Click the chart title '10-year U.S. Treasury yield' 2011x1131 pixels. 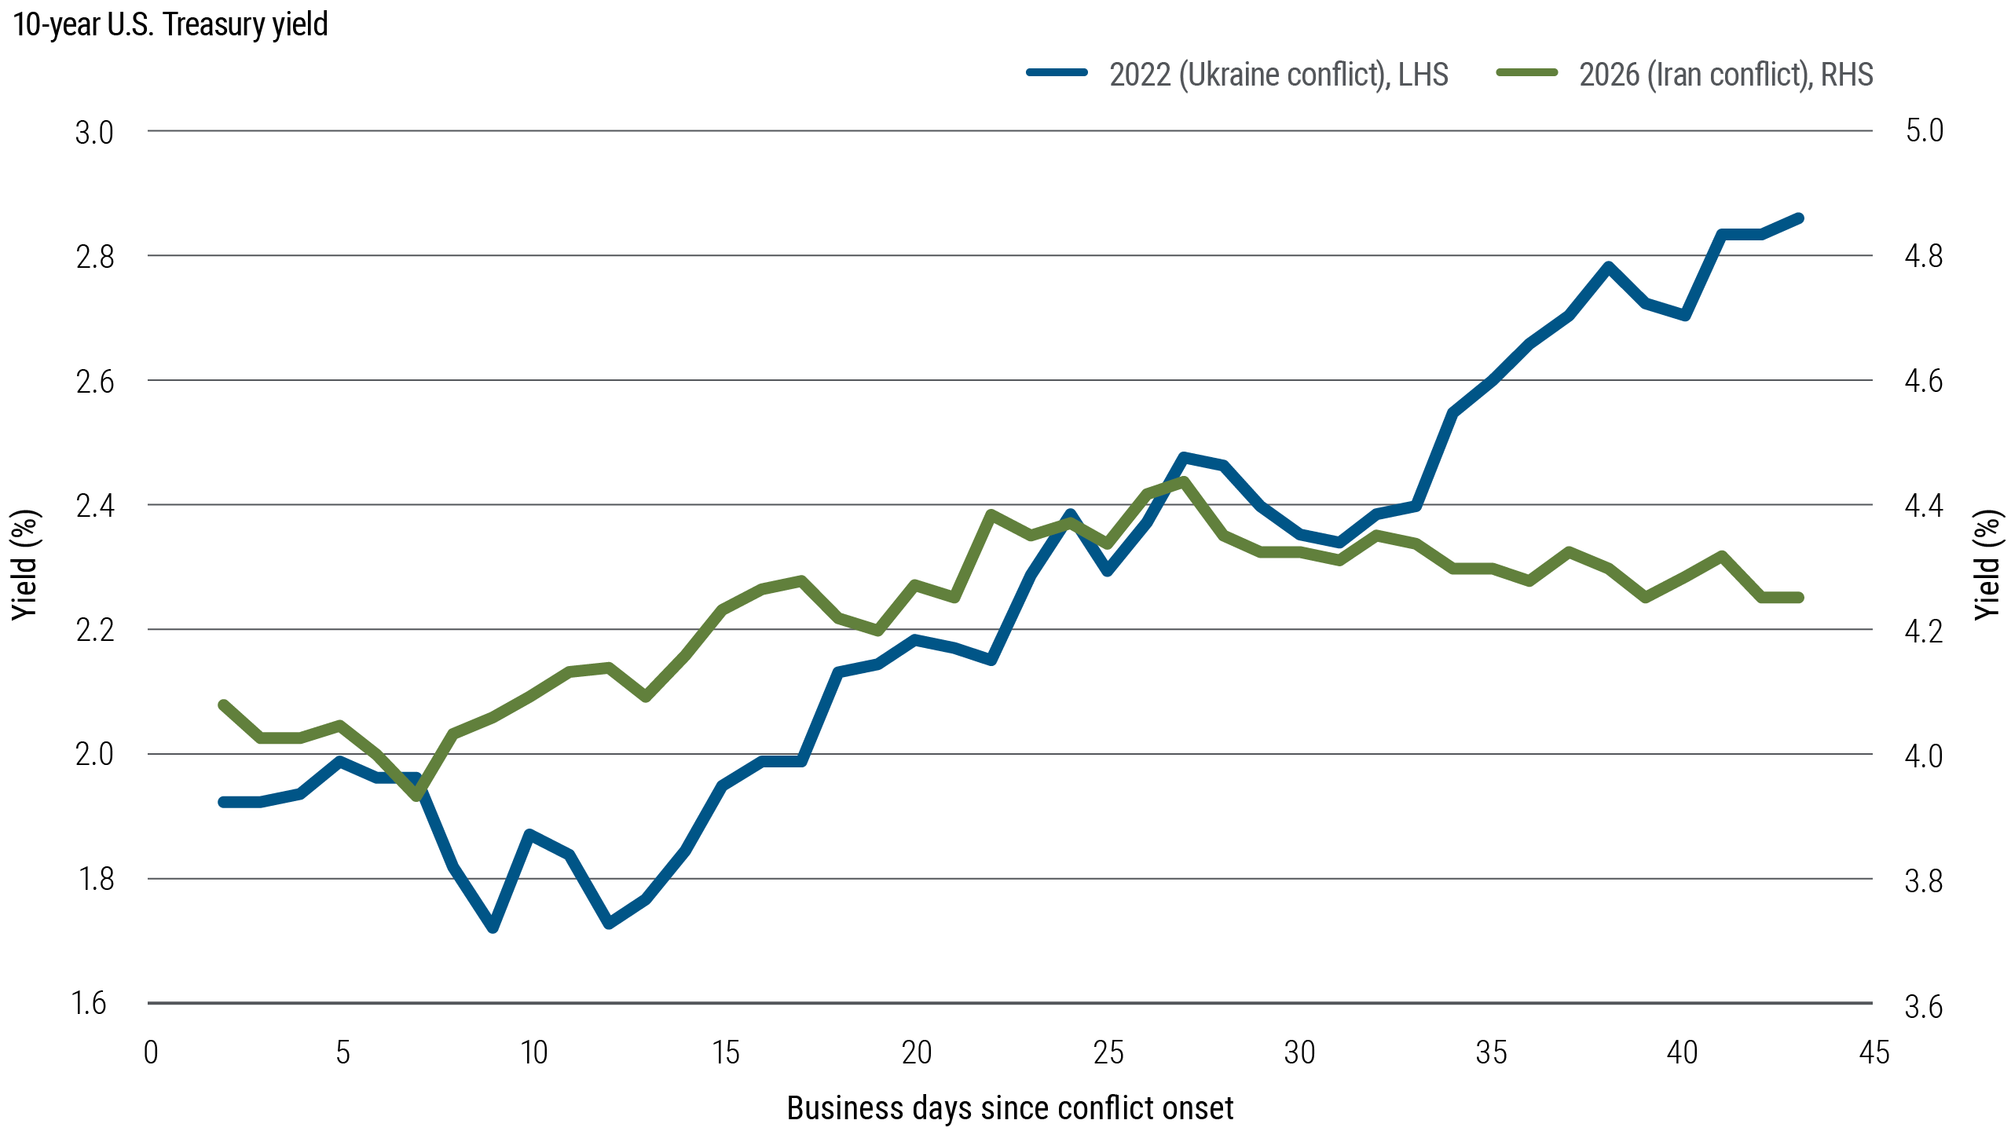pos(170,25)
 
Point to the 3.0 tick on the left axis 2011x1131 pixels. pos(94,133)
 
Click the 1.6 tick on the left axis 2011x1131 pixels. pos(89,1004)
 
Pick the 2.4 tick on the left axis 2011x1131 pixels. pos(94,506)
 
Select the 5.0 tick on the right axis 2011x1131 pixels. pos(1924,130)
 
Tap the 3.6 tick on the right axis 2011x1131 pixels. pos(1924,1007)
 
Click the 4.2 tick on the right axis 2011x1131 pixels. pos(1924,631)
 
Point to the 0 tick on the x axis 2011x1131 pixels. pos(151,1052)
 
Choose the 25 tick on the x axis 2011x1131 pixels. pos(1108,1052)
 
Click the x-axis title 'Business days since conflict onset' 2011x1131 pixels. pos(1009,1108)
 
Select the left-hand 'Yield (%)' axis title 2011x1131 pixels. pos(25,565)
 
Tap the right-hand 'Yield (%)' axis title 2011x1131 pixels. pos(1988,565)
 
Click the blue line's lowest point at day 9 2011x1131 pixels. pos(493,928)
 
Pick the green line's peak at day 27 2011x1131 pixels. pos(1184,481)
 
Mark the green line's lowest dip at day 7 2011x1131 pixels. pos(417,796)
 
